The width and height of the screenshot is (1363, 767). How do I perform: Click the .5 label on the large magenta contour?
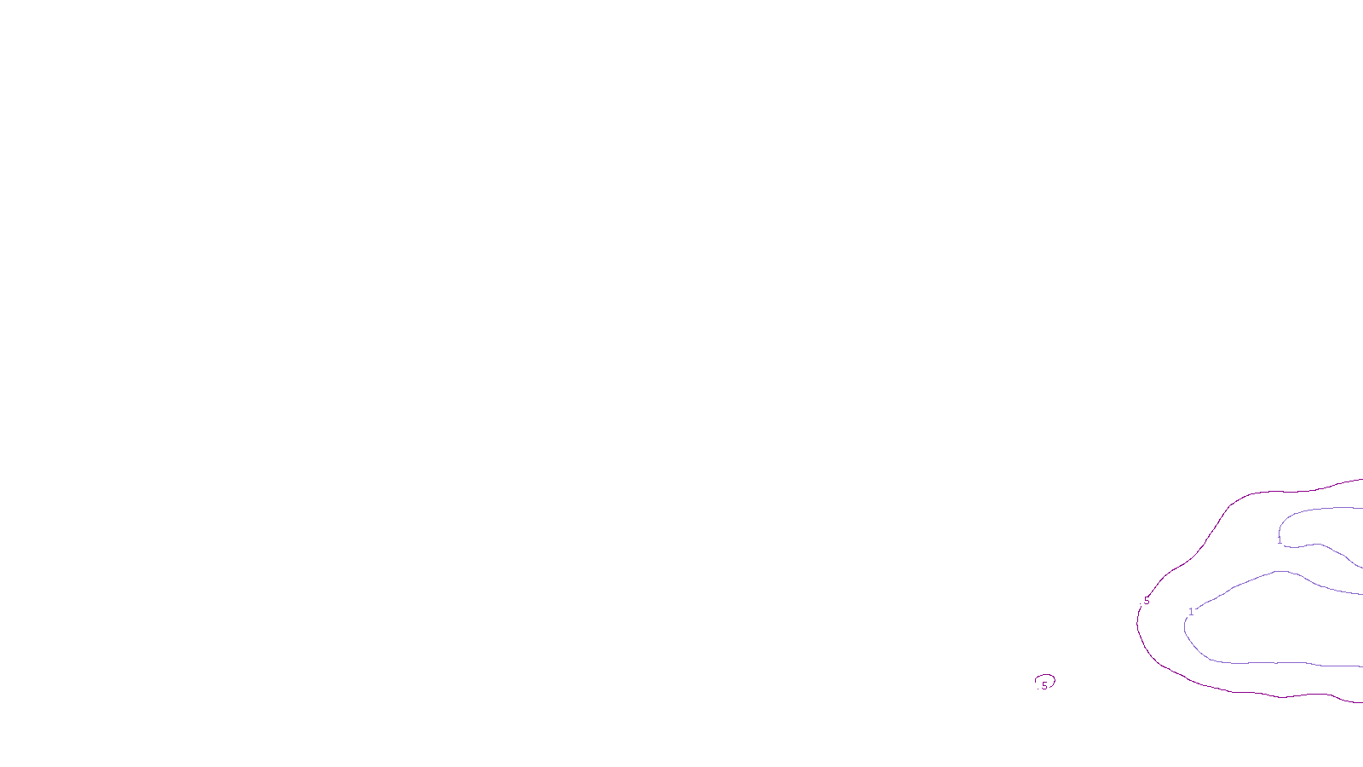(1146, 601)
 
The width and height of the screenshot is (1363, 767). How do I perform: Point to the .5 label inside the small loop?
(1044, 686)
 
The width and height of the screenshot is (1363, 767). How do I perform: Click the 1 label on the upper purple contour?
(1280, 540)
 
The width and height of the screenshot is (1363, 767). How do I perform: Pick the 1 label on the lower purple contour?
(1191, 611)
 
